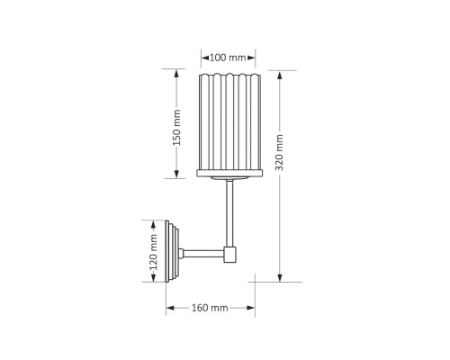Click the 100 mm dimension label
click(228, 58)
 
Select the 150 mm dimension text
click(177, 125)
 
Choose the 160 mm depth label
click(211, 309)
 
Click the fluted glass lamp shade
click(228, 121)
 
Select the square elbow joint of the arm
click(230, 255)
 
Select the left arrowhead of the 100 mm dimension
click(202, 58)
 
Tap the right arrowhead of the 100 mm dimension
click(254, 58)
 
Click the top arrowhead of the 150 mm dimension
click(177, 73)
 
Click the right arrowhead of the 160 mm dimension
click(252, 309)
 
